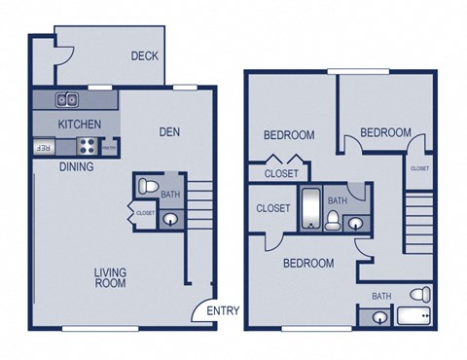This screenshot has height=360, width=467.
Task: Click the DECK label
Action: (x=145, y=56)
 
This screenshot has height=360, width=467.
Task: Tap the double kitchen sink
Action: (x=67, y=99)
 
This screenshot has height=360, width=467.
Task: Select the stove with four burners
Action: (x=86, y=147)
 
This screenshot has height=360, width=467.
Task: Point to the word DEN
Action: (x=171, y=131)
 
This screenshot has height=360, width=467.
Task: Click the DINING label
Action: (x=76, y=166)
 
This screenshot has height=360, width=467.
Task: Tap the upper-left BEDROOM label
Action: (x=289, y=135)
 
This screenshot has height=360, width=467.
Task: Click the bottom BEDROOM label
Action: (x=308, y=263)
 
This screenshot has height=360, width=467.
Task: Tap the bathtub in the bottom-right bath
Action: (x=413, y=317)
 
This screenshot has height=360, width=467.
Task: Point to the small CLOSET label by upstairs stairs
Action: (x=419, y=168)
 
